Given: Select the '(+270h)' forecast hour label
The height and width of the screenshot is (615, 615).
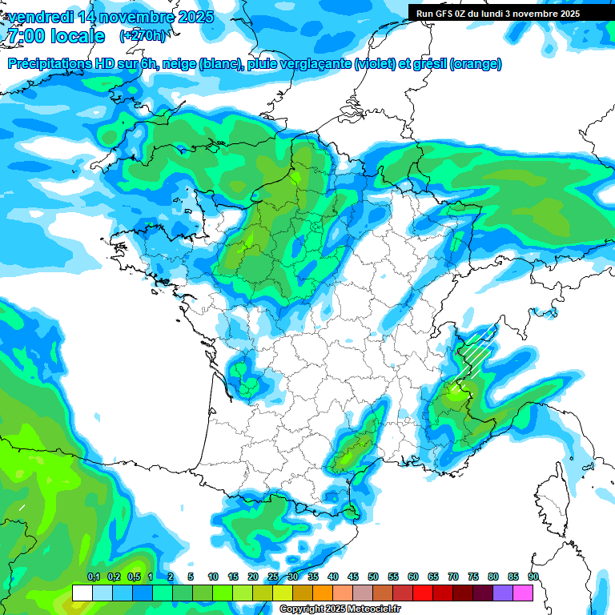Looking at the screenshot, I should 143,36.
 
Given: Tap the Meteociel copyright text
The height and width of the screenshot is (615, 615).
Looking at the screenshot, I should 340,609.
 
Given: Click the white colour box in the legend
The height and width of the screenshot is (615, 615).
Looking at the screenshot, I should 82,593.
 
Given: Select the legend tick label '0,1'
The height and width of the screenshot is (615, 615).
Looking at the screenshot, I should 93,577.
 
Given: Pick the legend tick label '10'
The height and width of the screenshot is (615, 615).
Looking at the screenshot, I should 213,577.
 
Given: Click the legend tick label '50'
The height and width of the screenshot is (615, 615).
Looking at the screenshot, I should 373,577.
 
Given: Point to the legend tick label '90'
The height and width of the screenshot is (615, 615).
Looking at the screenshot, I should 533,577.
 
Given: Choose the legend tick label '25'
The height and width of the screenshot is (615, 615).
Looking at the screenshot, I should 273,577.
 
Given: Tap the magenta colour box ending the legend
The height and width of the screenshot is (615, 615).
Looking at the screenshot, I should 523,593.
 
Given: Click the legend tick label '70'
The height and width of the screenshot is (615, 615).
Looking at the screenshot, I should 453,577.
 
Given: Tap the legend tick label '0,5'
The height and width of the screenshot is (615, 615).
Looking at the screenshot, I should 133,577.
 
